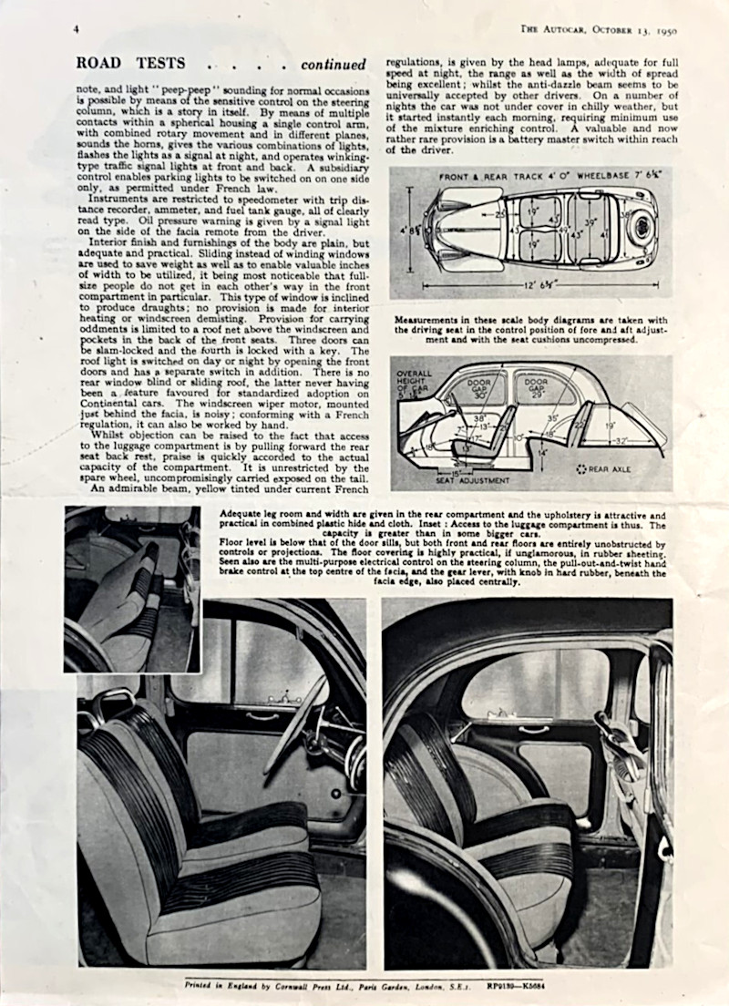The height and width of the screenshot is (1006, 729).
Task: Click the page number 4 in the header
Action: point(76,28)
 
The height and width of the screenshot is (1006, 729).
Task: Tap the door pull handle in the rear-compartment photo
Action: point(533,729)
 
